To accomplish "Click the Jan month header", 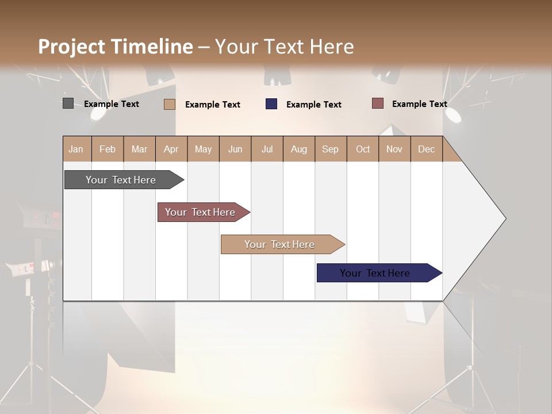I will coord(76,149).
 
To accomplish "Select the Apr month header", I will coord(171,149).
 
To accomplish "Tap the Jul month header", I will coord(267,149).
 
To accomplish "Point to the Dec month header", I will coord(426,149).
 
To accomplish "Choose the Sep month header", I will coord(330,149).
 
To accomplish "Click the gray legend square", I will coord(68,103).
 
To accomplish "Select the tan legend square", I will coord(169,104).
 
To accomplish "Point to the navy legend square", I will coord(271,104).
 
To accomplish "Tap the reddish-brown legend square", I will coord(377,103).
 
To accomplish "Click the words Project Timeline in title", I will coord(116,47).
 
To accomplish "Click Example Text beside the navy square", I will coord(313,105).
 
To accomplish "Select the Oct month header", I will coord(363,149).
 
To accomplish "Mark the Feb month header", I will coord(108,149).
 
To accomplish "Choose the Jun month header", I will coord(235,149).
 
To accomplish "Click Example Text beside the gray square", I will coord(112,104).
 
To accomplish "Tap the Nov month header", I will coord(394,149).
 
